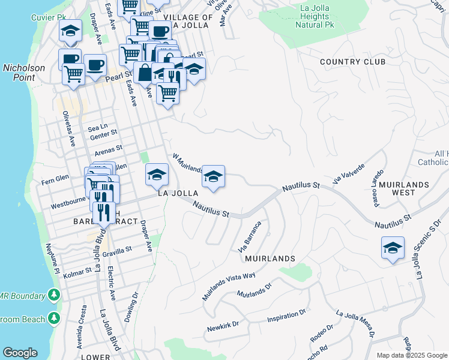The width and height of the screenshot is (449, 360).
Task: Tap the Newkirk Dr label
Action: point(223,327)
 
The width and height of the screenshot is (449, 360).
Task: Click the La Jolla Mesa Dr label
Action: point(358,323)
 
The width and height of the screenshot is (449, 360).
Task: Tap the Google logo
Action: point(20,353)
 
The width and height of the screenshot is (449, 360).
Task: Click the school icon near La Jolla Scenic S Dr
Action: point(392,248)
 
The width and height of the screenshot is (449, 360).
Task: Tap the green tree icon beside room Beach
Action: point(54,317)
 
